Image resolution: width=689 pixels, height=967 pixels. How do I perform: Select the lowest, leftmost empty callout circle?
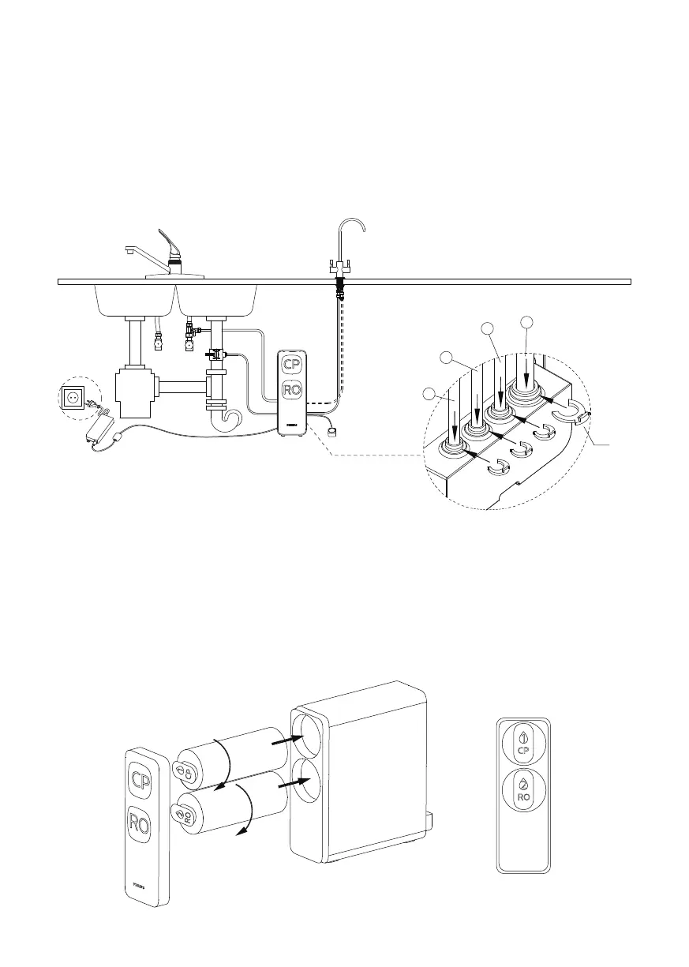(x=429, y=393)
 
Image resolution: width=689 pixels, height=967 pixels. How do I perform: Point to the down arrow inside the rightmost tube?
(x=526, y=371)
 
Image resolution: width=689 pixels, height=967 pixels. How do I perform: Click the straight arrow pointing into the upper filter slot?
(x=286, y=740)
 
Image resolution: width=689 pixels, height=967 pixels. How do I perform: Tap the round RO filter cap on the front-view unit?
(x=523, y=790)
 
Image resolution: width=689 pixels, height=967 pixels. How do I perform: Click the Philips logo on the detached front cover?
(x=140, y=886)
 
